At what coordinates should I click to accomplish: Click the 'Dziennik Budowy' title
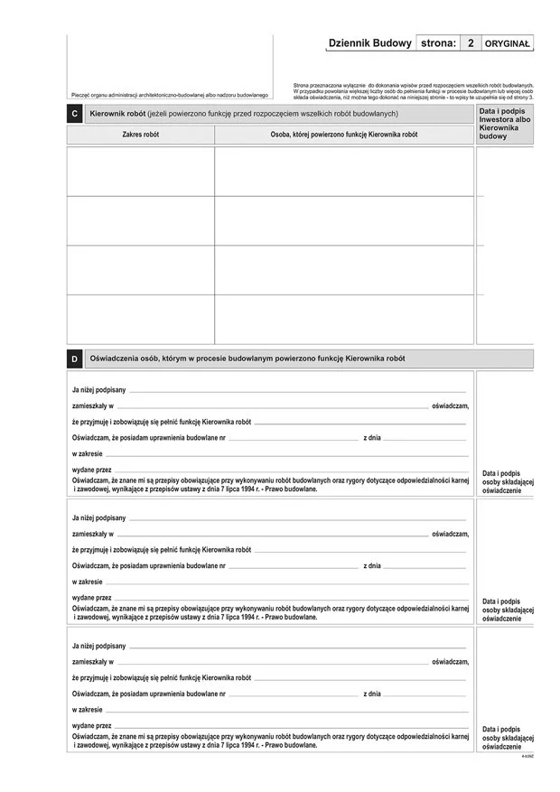tap(369, 43)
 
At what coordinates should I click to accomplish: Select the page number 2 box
tap(470, 43)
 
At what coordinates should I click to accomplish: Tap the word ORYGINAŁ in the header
tap(508, 43)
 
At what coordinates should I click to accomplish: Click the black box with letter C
tap(74, 114)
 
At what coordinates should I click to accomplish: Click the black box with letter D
tap(74, 359)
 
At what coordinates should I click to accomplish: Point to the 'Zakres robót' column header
tap(140, 135)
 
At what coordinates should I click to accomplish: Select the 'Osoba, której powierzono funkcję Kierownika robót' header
tap(344, 135)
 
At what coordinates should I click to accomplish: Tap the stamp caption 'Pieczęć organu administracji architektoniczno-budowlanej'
tap(170, 95)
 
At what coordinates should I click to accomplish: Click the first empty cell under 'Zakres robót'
tap(140, 172)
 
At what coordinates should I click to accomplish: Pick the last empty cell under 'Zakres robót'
tap(140, 319)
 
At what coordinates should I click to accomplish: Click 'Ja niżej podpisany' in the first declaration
tap(98, 390)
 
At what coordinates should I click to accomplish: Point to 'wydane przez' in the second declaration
tap(91, 598)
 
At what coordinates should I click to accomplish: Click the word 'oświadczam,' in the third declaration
tap(451, 662)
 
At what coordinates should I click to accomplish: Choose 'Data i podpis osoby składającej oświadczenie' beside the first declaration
tap(507, 481)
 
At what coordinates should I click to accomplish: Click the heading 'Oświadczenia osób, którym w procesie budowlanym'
tap(247, 359)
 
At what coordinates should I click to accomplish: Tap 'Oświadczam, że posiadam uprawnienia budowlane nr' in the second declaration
tap(148, 566)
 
